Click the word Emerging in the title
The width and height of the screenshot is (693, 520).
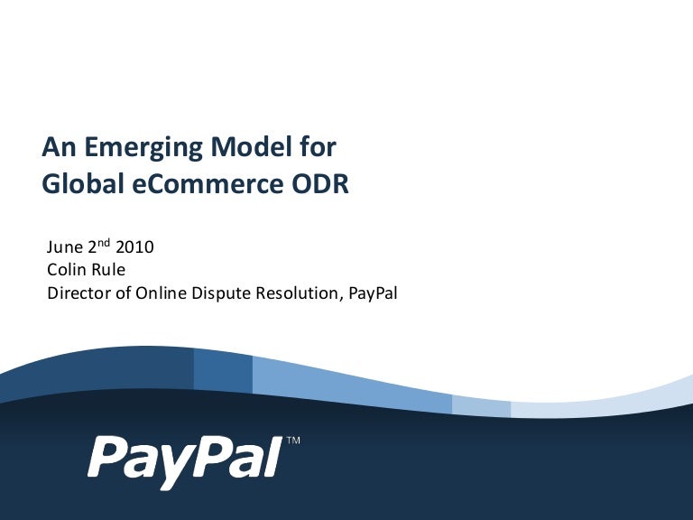click(x=143, y=148)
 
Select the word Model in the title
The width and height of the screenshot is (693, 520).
click(x=251, y=146)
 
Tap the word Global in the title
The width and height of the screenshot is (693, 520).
click(x=83, y=183)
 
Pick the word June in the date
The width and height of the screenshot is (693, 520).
click(x=65, y=246)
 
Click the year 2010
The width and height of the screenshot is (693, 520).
click(x=134, y=246)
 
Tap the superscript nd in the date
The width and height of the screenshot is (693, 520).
click(x=104, y=242)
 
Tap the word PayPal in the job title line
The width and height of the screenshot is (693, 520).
click(x=373, y=293)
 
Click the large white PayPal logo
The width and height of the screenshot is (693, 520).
click(x=185, y=461)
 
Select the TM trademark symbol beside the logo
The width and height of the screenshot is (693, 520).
click(x=293, y=441)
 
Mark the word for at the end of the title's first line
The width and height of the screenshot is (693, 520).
click(x=318, y=146)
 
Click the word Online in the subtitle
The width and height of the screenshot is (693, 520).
click(x=161, y=292)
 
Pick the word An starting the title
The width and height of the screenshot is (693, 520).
click(x=59, y=147)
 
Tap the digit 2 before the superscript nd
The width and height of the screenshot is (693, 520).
click(x=92, y=247)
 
